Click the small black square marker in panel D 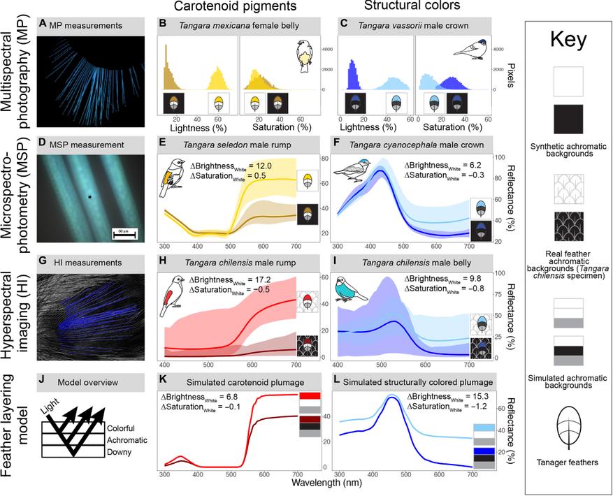(90, 197)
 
